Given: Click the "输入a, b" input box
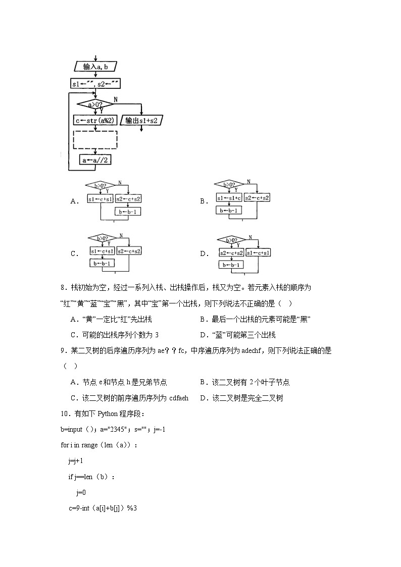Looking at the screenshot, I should tap(95, 67).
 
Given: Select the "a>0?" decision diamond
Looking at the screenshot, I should tap(95, 105).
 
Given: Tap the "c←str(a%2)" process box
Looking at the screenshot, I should tap(95, 121).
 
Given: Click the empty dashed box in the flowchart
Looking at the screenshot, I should tap(95, 140).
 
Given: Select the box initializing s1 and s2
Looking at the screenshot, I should tap(95, 84).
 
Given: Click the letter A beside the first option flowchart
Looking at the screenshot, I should tap(75, 201).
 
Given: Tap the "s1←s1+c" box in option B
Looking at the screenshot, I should tap(229, 198).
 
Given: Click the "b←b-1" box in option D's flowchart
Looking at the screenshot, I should tap(231, 265).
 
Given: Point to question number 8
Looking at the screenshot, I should tap(63, 288).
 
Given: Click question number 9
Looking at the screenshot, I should tap(63, 350).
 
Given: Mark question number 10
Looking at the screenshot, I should tap(65, 414).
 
